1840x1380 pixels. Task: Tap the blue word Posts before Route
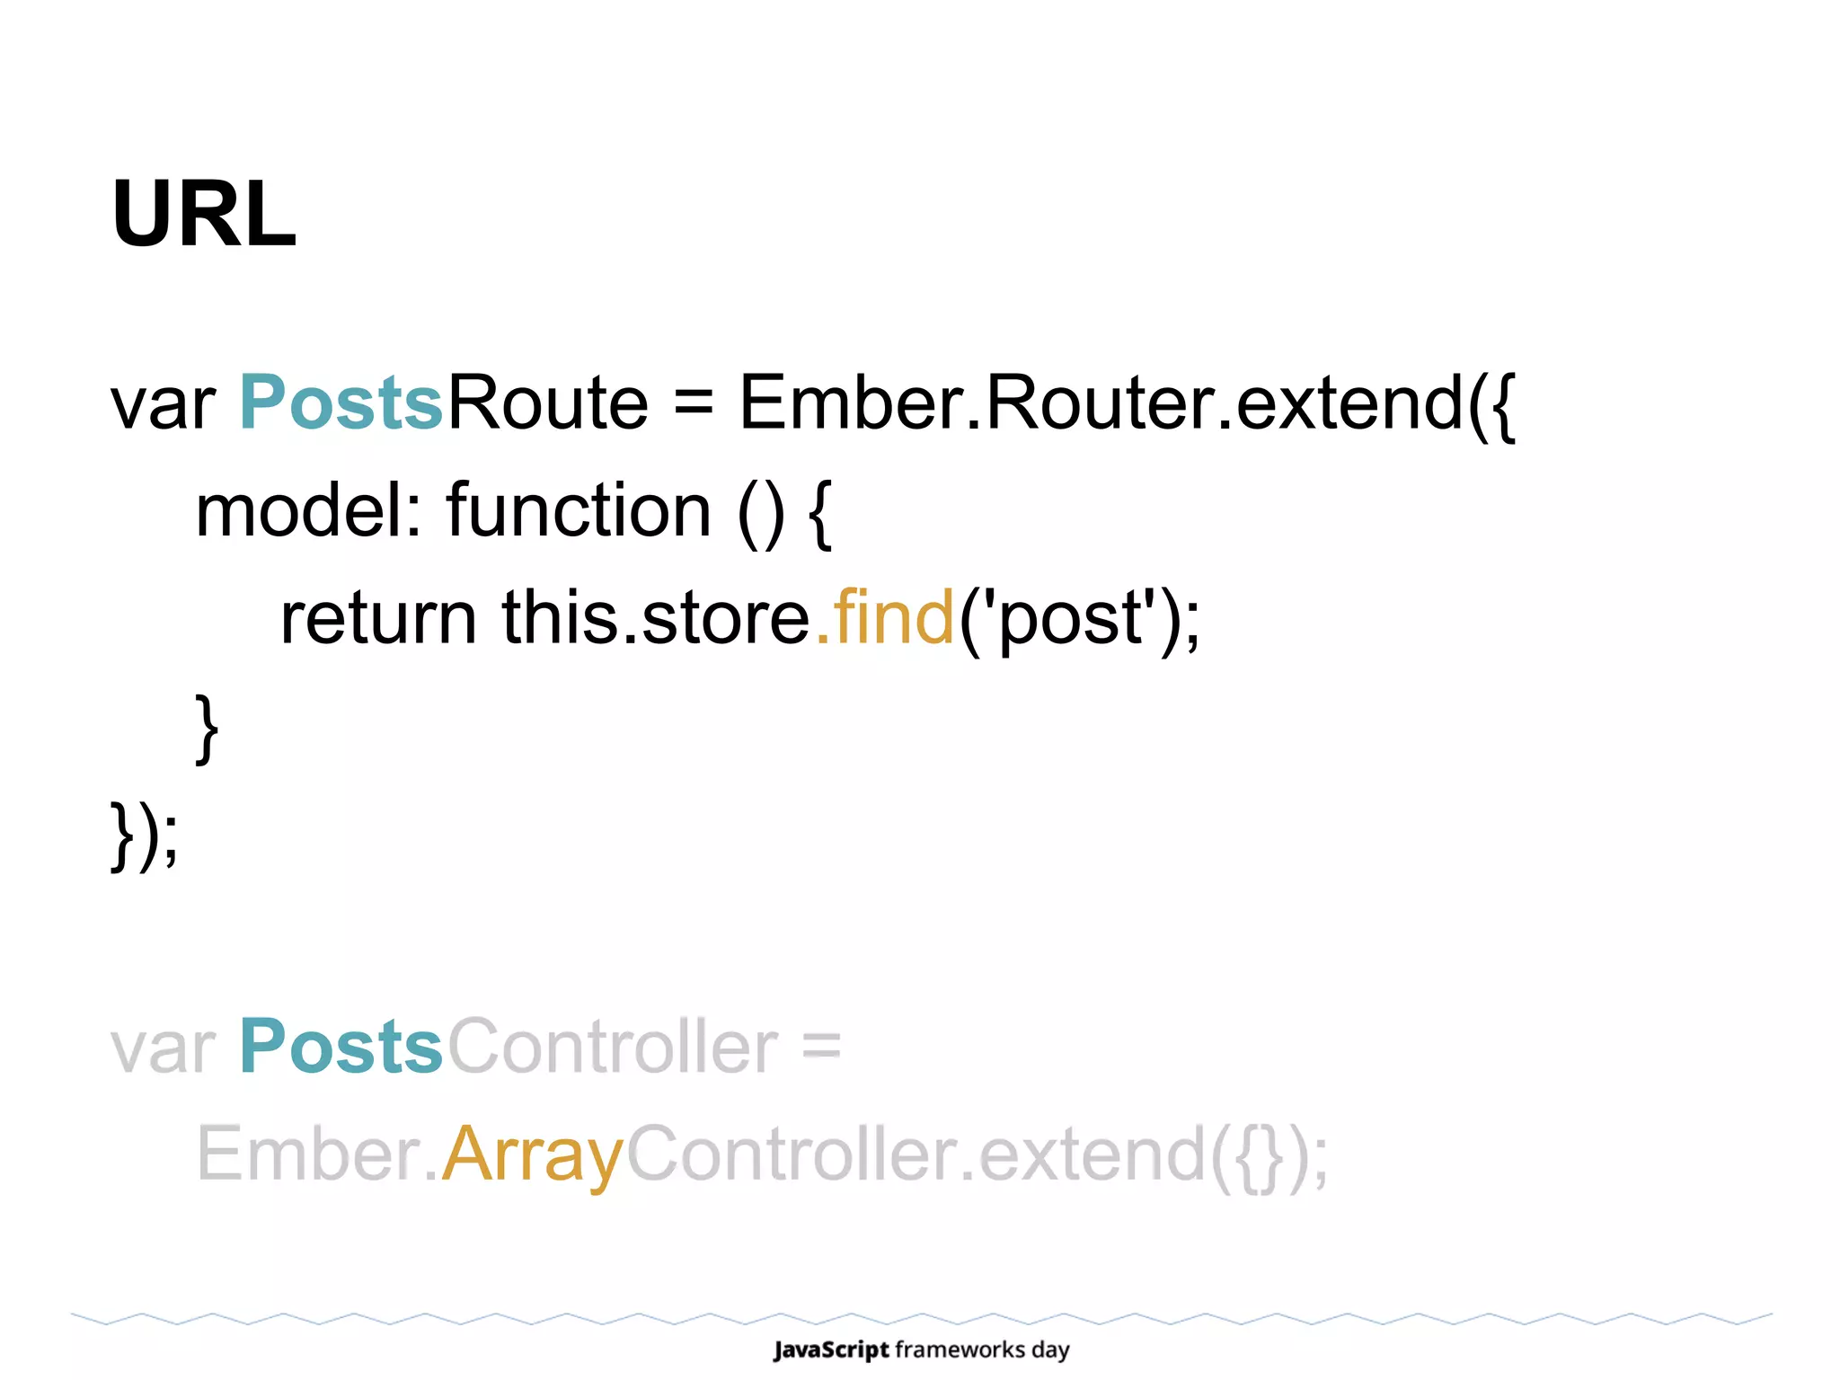click(341, 402)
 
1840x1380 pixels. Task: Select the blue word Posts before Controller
click(341, 1047)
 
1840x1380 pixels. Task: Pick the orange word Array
click(533, 1155)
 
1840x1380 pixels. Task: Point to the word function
click(579, 510)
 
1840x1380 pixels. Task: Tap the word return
click(378, 618)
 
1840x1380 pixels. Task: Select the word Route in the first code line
click(547, 402)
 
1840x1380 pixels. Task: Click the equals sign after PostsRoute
click(694, 404)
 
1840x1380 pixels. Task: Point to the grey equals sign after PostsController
click(821, 1048)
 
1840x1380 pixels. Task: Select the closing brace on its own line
click(207, 728)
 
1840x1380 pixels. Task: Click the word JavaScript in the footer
click(831, 1349)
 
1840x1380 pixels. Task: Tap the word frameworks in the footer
click(960, 1349)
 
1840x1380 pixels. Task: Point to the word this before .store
click(558, 618)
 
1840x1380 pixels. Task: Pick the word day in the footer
click(1050, 1350)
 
